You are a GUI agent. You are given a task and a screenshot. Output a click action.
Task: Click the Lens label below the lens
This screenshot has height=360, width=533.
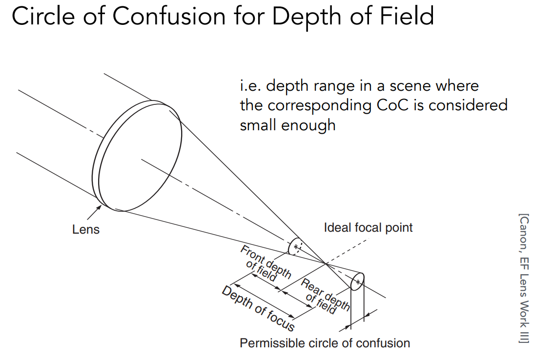pos(85,229)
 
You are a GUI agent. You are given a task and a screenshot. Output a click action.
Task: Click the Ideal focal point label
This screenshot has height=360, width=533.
pos(368,227)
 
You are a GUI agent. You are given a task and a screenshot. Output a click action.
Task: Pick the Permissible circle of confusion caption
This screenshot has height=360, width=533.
pos(325,343)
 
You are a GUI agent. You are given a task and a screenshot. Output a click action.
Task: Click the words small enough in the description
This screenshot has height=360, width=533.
pos(287,125)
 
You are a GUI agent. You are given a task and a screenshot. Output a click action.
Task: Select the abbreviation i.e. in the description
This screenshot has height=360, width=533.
pos(249,86)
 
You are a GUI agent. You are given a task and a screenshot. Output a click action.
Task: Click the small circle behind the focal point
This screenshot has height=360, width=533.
pos(358,282)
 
